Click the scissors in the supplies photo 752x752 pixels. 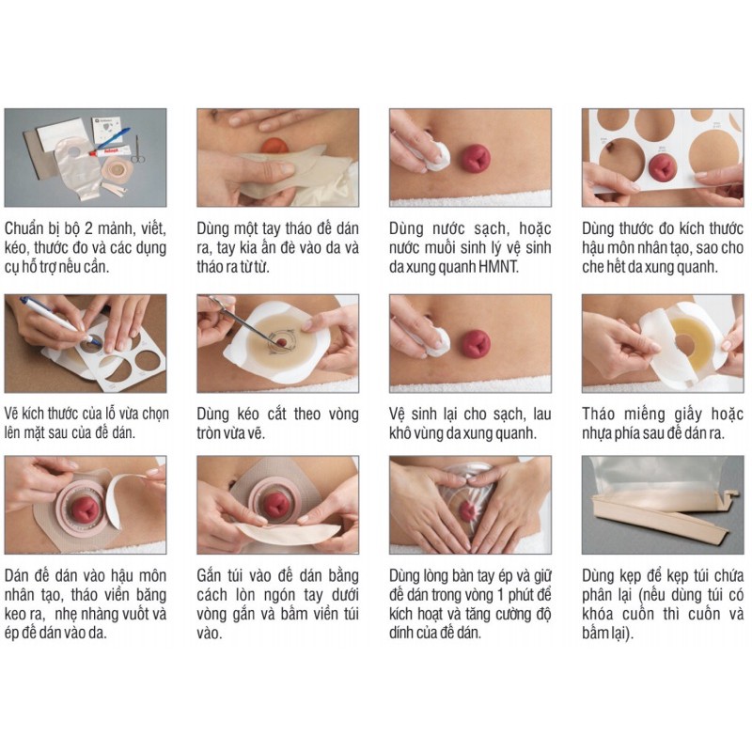138,149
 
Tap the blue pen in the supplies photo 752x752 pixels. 112,137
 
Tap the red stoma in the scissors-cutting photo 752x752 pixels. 281,342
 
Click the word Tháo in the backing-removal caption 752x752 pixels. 599,414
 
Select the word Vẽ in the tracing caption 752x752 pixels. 11,414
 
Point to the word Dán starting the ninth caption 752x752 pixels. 17,575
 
